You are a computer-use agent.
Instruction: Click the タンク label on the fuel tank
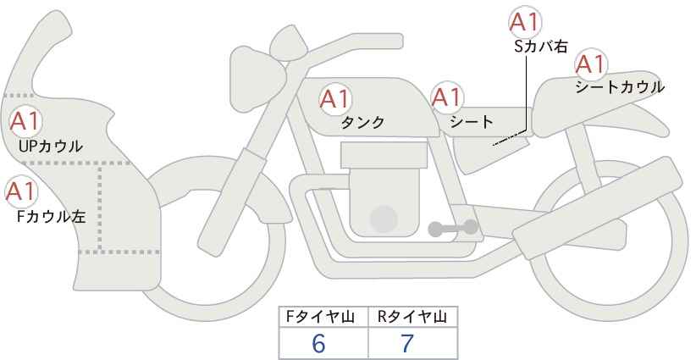pos(362,122)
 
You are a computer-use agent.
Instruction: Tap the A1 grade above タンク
pos(334,99)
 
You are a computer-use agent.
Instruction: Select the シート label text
pos(472,121)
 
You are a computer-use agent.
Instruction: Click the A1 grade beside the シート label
pos(447,97)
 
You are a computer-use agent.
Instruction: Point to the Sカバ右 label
pos(541,47)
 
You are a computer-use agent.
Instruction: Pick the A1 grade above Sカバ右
pos(524,22)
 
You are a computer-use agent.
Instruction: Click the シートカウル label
pos(620,87)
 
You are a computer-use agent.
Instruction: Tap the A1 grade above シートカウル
pos(591,64)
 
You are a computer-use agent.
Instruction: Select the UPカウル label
pos(51,146)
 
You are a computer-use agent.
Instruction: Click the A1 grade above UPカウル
pos(25,122)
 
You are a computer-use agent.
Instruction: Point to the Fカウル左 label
pos(51,217)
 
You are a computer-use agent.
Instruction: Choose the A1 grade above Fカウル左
pos(20,191)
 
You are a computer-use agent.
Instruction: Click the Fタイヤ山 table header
pos(320,317)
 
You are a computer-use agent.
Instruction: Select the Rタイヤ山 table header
pos(412,317)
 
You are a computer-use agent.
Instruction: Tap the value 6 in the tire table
pos(318,343)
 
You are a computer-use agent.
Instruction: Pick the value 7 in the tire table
pos(407,343)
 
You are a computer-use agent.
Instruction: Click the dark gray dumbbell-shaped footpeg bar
pos(453,228)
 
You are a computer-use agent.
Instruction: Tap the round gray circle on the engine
pos(384,219)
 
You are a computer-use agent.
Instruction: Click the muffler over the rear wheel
pos(598,208)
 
